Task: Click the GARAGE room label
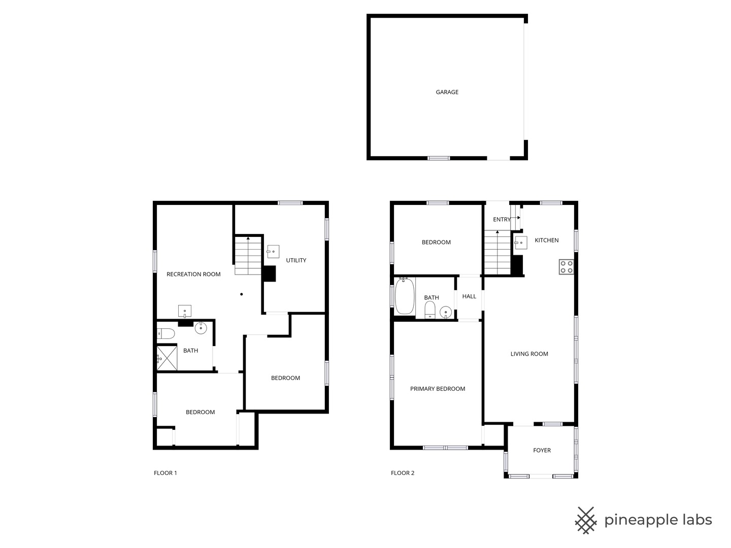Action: coord(447,92)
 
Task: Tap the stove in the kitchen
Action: coord(567,267)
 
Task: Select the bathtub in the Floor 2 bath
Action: coord(405,296)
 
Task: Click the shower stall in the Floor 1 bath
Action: coord(167,358)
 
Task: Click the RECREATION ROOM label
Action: coord(193,275)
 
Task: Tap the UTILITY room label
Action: coord(296,260)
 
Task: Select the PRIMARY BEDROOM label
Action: coord(438,389)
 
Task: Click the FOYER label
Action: coord(542,451)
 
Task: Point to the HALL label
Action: coord(469,296)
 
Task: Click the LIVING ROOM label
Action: coord(529,354)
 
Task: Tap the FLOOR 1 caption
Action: coord(165,473)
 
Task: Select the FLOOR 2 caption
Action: coord(403,473)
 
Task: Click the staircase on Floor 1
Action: coord(248,256)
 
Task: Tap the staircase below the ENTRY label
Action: coord(497,253)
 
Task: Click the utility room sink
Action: coord(273,251)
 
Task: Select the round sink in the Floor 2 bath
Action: coord(446,312)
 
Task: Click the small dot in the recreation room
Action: coord(242,294)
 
